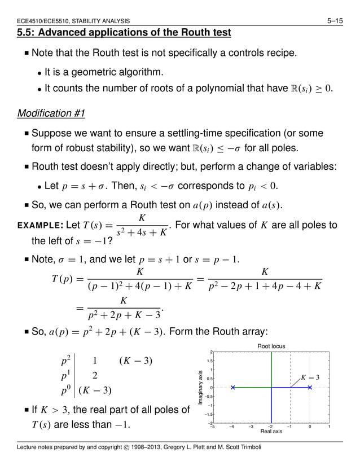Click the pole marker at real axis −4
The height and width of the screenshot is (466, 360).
[x=232, y=388]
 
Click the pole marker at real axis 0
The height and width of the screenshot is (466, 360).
[x=310, y=388]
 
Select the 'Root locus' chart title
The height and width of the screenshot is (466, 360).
[x=271, y=346]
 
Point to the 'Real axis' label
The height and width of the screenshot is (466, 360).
[x=271, y=432]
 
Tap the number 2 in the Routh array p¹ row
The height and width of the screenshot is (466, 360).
[x=95, y=375]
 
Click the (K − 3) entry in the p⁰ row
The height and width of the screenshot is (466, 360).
[x=95, y=389]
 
